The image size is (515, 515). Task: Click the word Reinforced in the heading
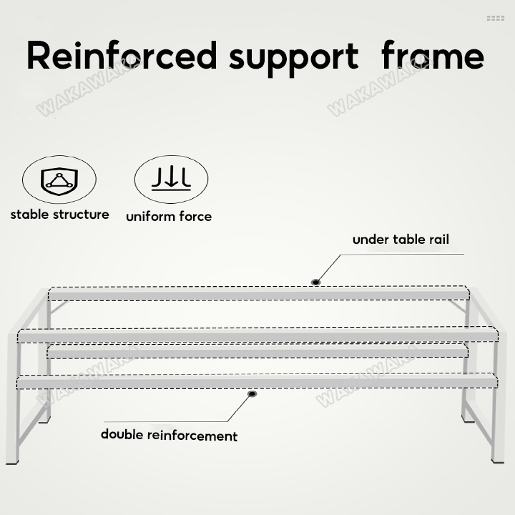click(121, 56)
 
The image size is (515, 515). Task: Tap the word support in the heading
click(293, 57)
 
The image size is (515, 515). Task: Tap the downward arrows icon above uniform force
click(171, 179)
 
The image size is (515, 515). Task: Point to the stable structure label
click(59, 215)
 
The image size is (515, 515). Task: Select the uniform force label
click(169, 216)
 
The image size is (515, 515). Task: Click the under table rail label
click(401, 240)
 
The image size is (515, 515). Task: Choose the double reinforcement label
click(169, 435)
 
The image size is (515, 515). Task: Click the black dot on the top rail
click(315, 283)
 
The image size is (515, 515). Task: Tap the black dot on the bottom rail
click(252, 393)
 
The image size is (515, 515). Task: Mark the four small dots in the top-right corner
click(496, 19)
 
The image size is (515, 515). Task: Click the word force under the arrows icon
click(195, 216)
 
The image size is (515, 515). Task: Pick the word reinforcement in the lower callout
click(192, 435)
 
